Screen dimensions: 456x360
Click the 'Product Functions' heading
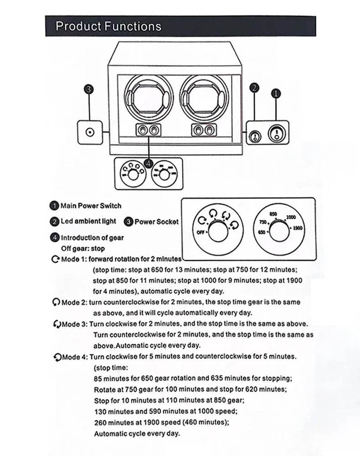tap(108, 26)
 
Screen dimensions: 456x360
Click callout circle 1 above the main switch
tap(276, 94)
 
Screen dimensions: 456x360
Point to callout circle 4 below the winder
tap(148, 163)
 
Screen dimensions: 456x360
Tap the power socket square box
tap(90, 132)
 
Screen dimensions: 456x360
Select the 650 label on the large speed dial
tap(262, 233)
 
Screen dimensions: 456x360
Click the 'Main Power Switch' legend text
tap(91, 206)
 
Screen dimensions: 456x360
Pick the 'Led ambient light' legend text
tap(89, 221)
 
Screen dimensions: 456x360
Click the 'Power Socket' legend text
tap(156, 222)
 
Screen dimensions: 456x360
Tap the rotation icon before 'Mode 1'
tap(56, 259)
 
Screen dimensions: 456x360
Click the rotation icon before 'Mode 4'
tap(56, 357)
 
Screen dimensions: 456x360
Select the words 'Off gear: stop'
tap(83, 249)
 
